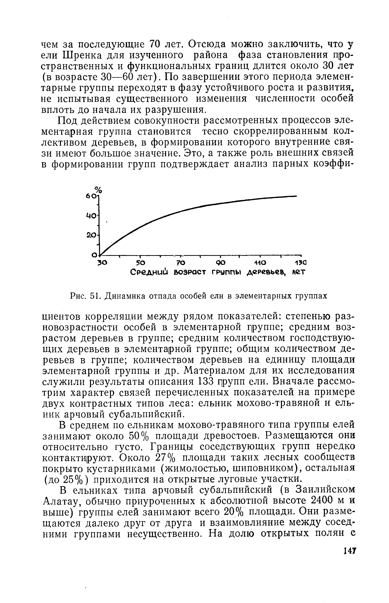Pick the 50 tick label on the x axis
[x=140, y=263]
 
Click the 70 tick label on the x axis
[x=181, y=263]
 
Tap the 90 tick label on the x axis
[x=221, y=263]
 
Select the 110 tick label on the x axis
[x=260, y=263]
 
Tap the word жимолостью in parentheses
[x=196, y=469]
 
